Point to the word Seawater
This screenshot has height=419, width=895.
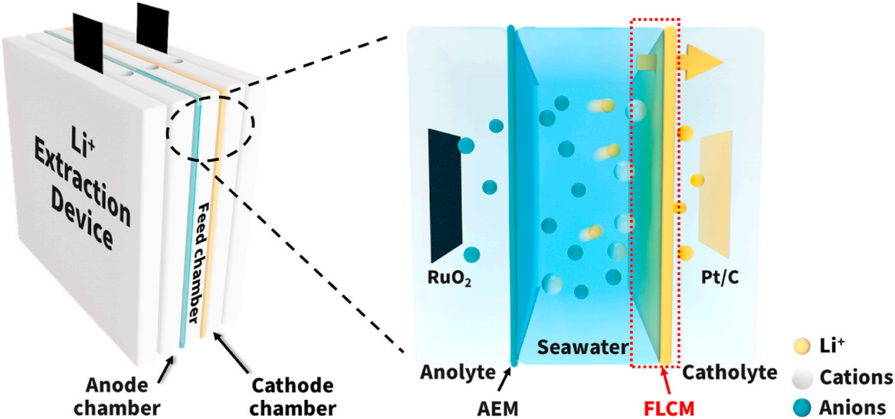[582, 347]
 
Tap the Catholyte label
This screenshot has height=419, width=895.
[730, 372]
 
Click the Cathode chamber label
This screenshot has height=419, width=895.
[292, 396]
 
